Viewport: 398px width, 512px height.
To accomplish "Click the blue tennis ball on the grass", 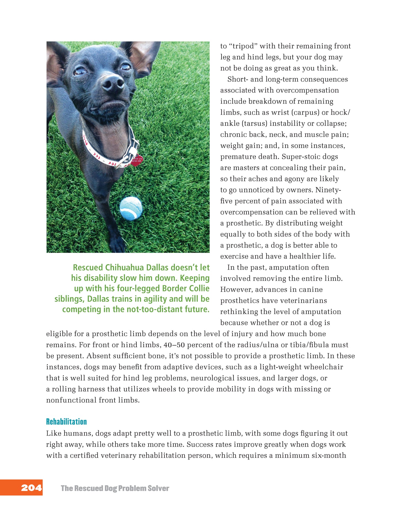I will tap(131, 208).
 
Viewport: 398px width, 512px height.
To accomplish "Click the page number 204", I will tap(31, 488).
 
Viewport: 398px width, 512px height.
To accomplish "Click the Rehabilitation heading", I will tap(66, 422).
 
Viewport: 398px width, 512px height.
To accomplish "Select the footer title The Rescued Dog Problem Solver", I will tap(115, 488).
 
